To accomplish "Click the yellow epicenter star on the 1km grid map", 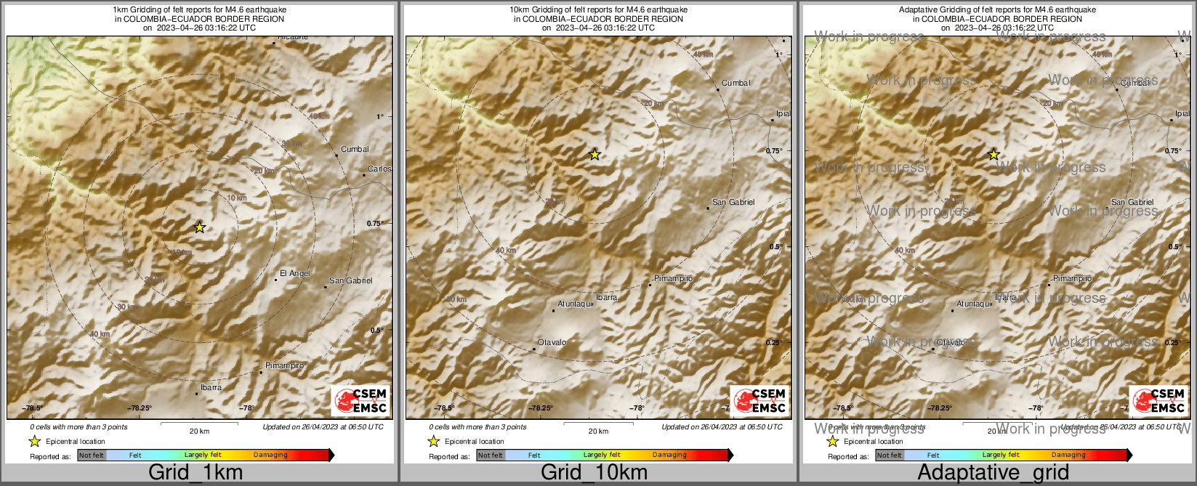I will [200, 227].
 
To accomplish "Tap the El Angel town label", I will [295, 274].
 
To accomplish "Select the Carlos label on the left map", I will [379, 169].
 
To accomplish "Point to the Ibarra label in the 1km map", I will [211, 388].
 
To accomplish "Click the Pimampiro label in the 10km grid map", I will [673, 279].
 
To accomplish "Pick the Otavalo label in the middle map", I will [552, 343].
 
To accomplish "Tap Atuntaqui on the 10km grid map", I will [575, 304].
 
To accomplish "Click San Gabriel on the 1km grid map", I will [350, 281].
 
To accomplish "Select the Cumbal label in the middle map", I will [735, 84].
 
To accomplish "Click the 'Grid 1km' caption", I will [196, 473].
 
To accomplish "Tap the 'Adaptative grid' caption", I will [993, 473].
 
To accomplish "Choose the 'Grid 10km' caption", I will [594, 473].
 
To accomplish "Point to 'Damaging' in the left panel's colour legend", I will [270, 455].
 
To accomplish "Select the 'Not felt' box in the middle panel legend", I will [490, 455].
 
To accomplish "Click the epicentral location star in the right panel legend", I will [833, 442].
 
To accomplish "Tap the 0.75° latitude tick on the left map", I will [374, 224].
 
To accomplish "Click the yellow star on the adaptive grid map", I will [994, 155].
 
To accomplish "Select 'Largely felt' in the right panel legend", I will [1001, 455].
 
